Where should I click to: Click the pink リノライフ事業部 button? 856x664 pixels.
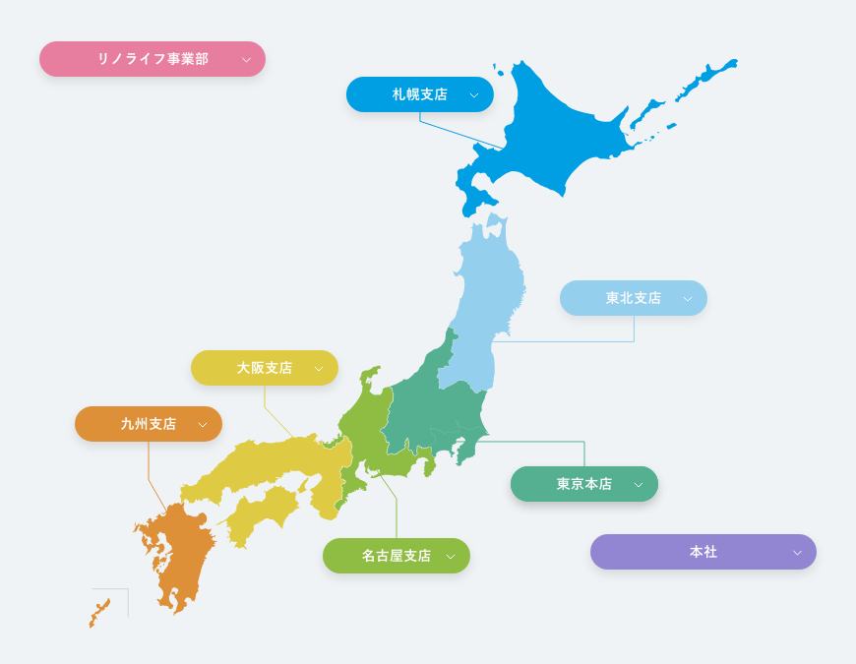tap(153, 59)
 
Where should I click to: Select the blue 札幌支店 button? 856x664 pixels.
tap(420, 94)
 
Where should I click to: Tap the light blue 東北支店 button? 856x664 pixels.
tap(634, 298)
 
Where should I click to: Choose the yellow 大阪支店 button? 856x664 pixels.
tap(265, 368)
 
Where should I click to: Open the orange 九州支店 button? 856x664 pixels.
tap(149, 424)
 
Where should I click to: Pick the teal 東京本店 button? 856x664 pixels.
tap(584, 484)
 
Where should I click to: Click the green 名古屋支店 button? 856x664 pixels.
tap(397, 556)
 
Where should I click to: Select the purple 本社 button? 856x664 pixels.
tap(703, 552)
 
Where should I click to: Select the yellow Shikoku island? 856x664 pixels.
tap(261, 512)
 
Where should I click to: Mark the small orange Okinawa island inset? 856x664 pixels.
tap(99, 612)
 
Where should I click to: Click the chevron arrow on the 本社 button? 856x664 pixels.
tap(797, 553)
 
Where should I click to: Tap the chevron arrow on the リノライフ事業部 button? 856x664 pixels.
tap(246, 60)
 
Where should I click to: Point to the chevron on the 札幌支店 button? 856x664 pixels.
tap(473, 95)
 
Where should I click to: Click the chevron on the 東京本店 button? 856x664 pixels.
tap(638, 485)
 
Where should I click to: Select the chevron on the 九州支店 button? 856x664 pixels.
tap(202, 425)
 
